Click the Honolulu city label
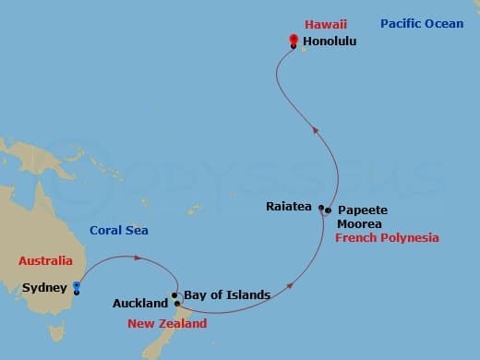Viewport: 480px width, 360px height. coord(330,42)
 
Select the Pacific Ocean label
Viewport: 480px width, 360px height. coord(421,23)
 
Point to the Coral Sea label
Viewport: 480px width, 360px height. coord(118,231)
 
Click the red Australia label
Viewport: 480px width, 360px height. coord(44,262)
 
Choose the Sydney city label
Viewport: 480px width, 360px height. coord(44,288)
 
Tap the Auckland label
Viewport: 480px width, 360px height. coord(139,303)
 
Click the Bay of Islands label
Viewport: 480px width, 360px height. coord(226,295)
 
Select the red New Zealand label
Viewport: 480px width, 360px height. coord(167,324)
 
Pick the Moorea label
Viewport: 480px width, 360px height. coord(356,223)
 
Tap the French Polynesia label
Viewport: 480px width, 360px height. coord(387,238)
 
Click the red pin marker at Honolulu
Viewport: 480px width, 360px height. coord(293,40)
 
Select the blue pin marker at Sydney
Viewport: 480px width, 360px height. coord(76,285)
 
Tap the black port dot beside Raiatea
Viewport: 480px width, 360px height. coord(321,209)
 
